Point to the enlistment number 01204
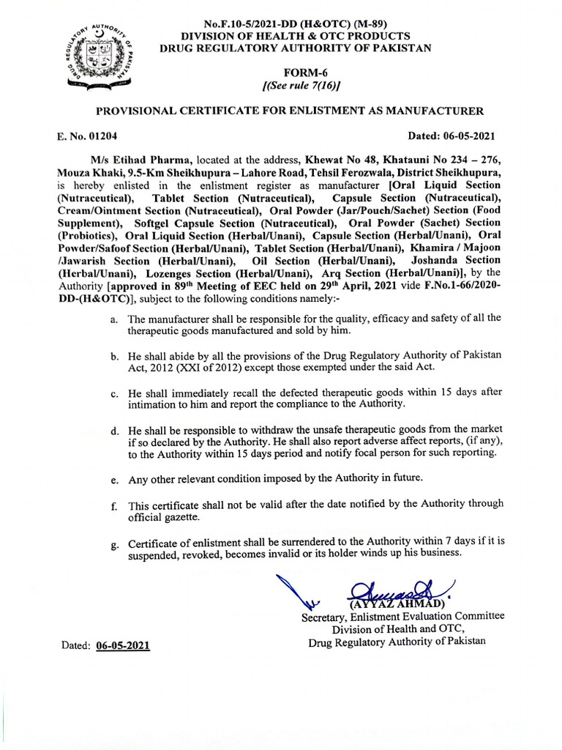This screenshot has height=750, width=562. point(101,135)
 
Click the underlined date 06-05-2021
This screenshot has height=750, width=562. point(123,647)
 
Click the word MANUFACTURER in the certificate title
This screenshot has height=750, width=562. point(434,111)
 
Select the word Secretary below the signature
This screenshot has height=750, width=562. point(327,617)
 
